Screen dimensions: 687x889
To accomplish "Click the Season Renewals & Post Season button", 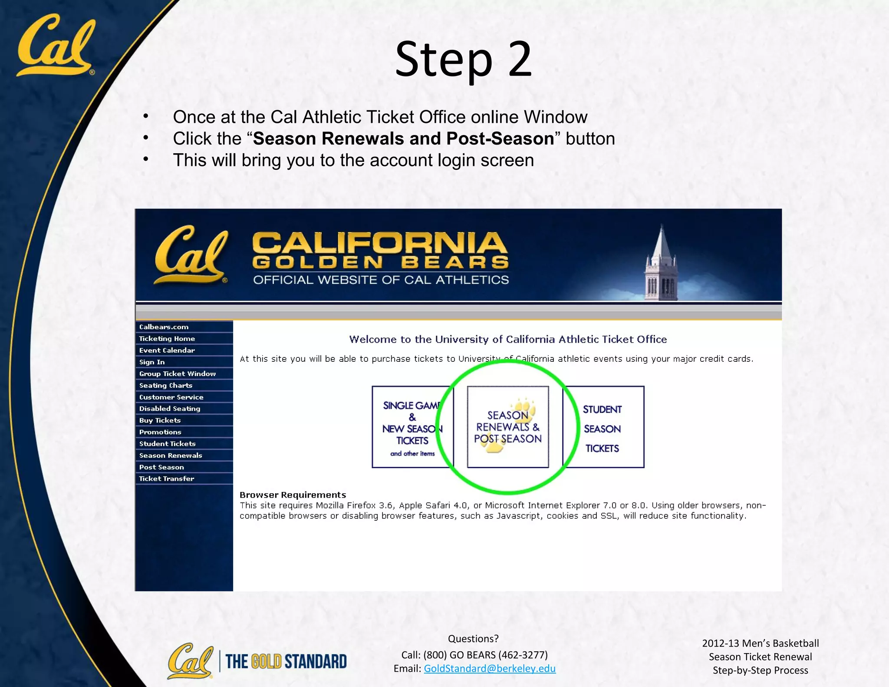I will point(507,427).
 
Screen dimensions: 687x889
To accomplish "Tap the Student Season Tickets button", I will point(603,427).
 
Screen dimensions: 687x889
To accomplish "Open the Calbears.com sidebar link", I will point(164,327).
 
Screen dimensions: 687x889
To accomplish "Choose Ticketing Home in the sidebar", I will point(167,339).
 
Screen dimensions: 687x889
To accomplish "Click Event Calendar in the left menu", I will point(167,350).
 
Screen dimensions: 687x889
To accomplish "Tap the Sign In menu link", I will point(152,362).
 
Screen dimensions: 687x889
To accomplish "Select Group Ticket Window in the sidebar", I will point(177,374).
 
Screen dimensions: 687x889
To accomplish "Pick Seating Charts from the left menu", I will point(165,386).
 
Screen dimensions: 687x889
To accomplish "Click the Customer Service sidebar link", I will point(171,397).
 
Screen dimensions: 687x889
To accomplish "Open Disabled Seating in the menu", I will point(169,409).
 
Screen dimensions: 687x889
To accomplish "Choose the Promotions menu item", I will point(160,432).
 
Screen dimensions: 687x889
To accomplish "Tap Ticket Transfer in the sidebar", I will point(166,479).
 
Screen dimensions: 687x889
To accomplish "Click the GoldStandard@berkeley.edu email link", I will point(489,668).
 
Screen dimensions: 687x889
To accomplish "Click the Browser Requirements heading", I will point(293,495).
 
